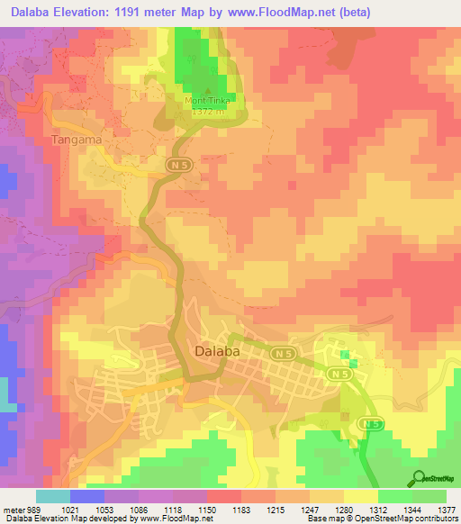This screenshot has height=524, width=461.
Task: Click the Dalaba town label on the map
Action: [x=217, y=352]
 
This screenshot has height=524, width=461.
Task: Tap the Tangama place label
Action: [x=77, y=141]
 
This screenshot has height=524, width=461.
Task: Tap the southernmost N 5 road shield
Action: [x=369, y=423]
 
